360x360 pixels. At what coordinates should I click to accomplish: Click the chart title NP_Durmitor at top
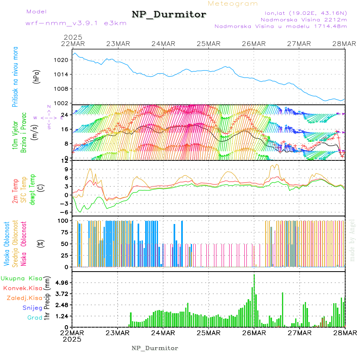click(x=169, y=15)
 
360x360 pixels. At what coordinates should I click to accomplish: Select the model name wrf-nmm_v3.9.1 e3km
click(x=76, y=23)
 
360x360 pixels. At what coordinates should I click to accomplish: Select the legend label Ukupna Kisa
click(x=21, y=278)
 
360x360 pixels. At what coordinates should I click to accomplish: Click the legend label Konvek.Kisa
click(x=22, y=288)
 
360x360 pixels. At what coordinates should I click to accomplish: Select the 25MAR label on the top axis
click(x=208, y=44)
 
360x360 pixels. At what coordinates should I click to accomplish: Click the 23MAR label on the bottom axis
click(x=117, y=333)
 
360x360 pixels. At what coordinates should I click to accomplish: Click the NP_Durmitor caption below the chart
click(x=155, y=348)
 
